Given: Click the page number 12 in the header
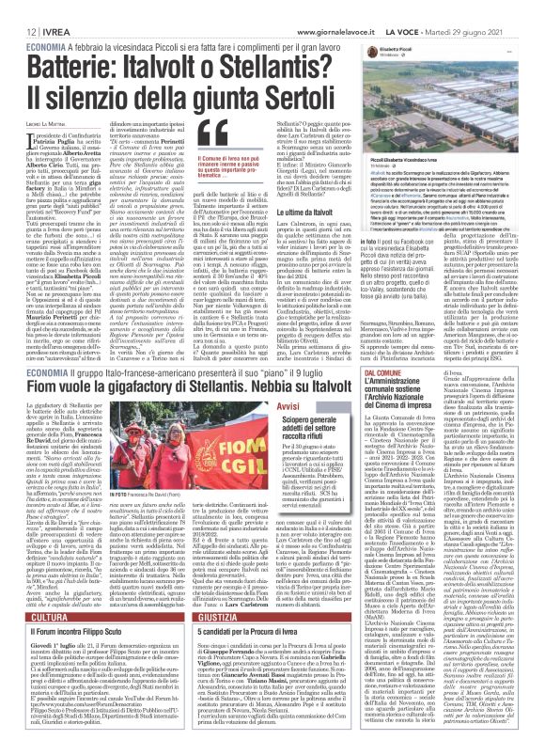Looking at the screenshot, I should (x=19, y=8).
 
